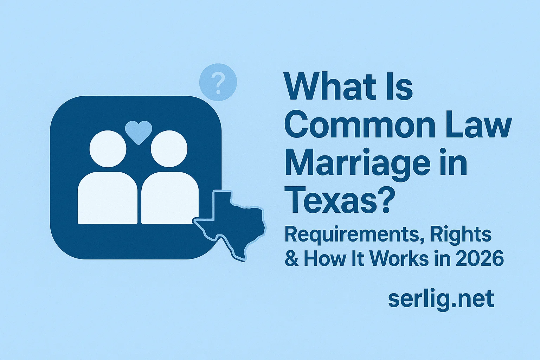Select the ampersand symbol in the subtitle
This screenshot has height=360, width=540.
click(291, 258)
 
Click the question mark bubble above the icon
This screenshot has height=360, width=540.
click(218, 82)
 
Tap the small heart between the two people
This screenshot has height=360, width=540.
click(139, 131)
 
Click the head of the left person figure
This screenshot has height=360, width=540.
click(108, 148)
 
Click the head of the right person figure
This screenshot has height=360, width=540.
click(169, 148)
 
